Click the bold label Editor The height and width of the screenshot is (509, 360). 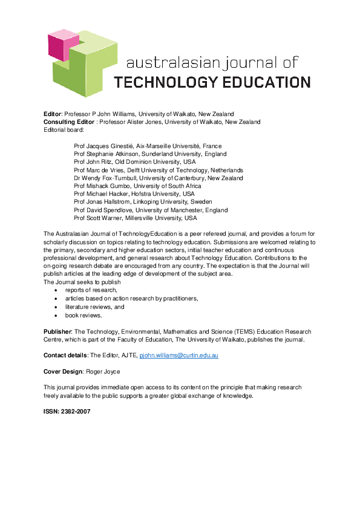53,114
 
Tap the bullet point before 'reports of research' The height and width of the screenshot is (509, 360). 56,291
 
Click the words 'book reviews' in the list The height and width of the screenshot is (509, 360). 83,315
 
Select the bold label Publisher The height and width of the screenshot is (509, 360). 57,332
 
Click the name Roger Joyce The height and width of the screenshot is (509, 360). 108,371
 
